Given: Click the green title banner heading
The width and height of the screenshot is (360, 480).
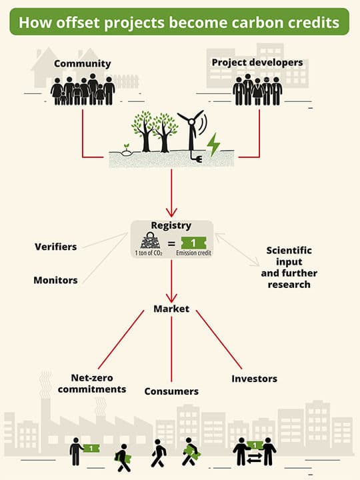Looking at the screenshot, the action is [x=179, y=22].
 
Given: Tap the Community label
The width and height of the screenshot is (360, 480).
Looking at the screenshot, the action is [x=83, y=64].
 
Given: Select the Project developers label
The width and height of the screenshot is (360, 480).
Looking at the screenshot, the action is [x=257, y=63].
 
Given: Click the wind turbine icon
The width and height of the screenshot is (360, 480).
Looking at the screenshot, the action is [x=191, y=131].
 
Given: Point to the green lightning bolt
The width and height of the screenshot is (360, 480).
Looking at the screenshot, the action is [x=213, y=145].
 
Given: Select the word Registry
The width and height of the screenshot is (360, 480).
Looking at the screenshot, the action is [x=171, y=225].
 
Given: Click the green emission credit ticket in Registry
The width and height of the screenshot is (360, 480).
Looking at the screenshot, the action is [x=193, y=243].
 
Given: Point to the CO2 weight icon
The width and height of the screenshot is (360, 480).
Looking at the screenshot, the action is [x=149, y=241].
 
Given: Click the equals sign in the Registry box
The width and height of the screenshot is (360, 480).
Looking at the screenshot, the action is [x=171, y=244].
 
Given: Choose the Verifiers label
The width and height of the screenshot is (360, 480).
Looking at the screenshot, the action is [x=56, y=247].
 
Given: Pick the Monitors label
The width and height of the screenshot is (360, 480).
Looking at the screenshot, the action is [x=55, y=280].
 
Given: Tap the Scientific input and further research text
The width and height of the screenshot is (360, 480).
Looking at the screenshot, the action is [x=289, y=267].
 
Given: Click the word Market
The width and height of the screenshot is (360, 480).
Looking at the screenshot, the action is [x=171, y=309].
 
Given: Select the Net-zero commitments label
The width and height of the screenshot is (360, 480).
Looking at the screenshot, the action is [x=92, y=383].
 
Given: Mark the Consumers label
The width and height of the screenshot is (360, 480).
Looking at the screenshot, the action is [x=171, y=391].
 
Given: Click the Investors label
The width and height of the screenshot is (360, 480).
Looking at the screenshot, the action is [x=255, y=379].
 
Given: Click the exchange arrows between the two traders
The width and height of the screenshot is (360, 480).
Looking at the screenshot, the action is [x=255, y=458].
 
